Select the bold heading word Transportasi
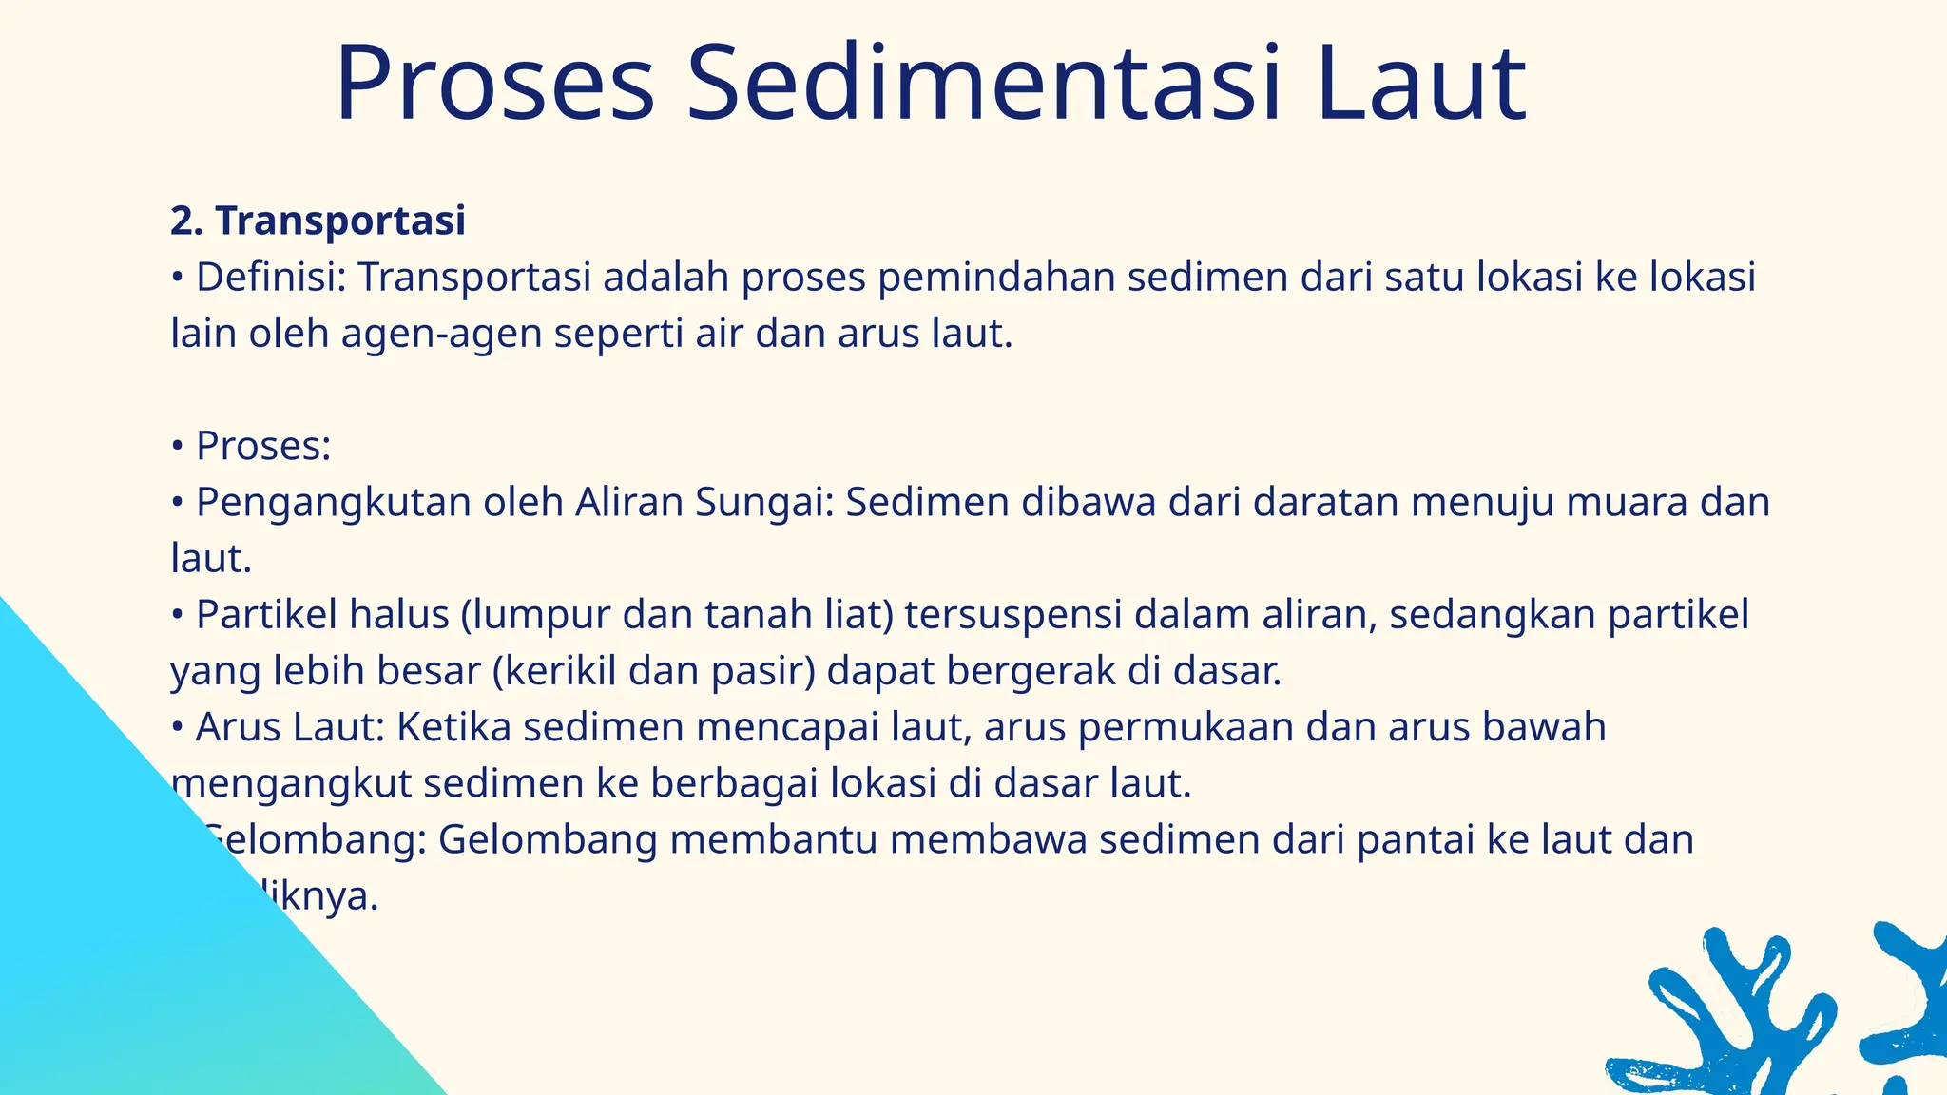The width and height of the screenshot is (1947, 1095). tap(340, 221)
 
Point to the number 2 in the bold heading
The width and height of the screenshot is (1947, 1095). tap(182, 221)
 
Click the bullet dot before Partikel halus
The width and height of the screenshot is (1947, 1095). tap(177, 616)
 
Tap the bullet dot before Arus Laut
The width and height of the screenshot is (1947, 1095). tap(177, 728)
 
